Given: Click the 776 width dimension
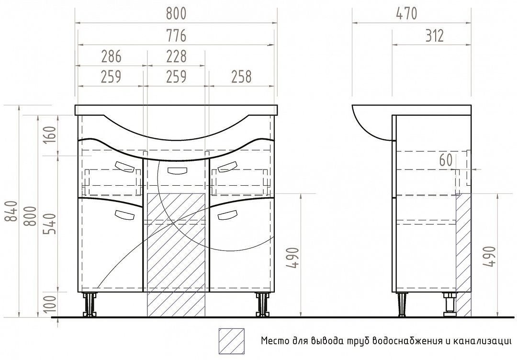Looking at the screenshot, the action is click(x=176, y=35).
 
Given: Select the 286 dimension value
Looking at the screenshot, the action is click(x=111, y=56).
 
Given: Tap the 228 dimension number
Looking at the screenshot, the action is click(x=176, y=56).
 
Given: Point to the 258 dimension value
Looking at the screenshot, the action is click(x=241, y=77).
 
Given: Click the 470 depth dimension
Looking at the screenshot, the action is click(x=406, y=14).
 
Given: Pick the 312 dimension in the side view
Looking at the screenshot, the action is click(x=434, y=35).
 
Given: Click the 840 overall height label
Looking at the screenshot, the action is click(x=12, y=211).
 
